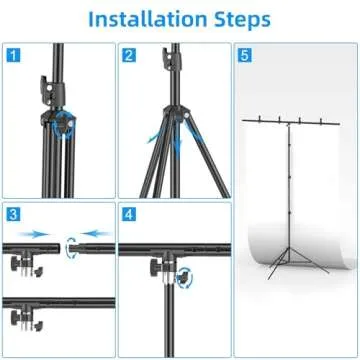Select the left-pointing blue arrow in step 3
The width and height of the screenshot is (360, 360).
[96, 237]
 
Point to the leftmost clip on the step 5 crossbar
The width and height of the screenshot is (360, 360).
[262, 123]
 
